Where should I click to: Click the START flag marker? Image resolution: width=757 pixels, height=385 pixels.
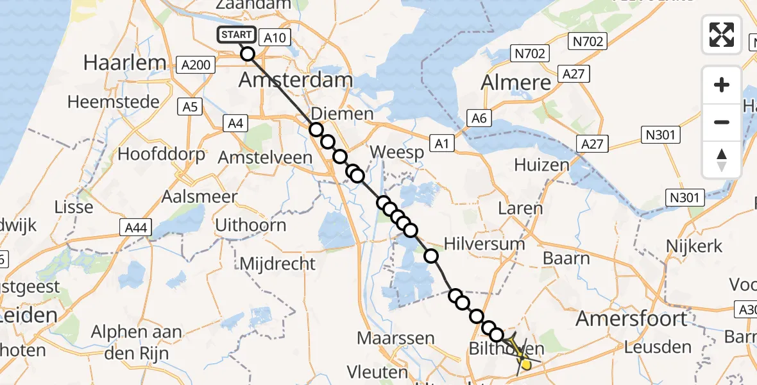[x=237, y=35]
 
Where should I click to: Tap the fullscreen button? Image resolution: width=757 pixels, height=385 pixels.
[x=722, y=35]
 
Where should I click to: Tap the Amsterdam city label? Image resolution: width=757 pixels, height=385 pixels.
[x=296, y=81]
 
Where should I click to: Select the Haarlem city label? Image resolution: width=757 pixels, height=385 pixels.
[x=125, y=63]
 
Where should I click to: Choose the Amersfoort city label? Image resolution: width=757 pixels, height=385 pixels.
[x=632, y=318]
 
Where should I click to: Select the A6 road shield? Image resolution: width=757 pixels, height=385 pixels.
[x=479, y=117]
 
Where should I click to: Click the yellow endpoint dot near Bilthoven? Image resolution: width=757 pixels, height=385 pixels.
[x=525, y=364]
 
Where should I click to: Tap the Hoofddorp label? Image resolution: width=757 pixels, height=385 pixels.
[x=162, y=154]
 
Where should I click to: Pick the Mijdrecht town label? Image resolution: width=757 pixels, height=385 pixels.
[x=278, y=263]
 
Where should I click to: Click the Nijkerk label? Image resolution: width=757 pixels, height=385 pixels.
[x=694, y=246]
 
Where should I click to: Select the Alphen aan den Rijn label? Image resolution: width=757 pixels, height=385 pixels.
[x=136, y=343]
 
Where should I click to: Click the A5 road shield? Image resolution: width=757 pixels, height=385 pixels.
[x=190, y=107]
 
